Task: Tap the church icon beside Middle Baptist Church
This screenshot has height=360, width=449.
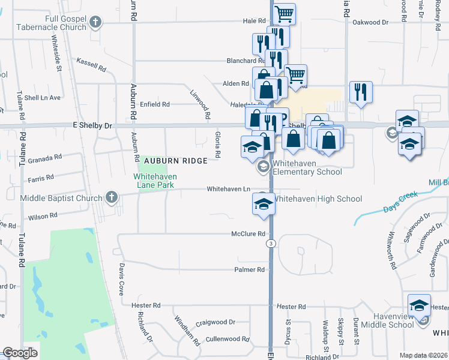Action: [111, 197]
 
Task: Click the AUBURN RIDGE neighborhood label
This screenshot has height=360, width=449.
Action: [175, 161]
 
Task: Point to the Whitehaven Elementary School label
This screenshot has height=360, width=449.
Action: [307, 167]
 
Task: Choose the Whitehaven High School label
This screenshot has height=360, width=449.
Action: [318, 199]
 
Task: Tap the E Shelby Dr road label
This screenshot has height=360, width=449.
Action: [92, 126]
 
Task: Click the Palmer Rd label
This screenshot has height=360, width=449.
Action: [250, 270]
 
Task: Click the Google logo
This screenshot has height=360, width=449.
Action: [20, 353]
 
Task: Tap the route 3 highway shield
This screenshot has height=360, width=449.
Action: [271, 243]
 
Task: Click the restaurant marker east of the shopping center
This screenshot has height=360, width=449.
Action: [361, 91]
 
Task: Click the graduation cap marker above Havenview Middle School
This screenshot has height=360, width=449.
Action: [419, 304]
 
